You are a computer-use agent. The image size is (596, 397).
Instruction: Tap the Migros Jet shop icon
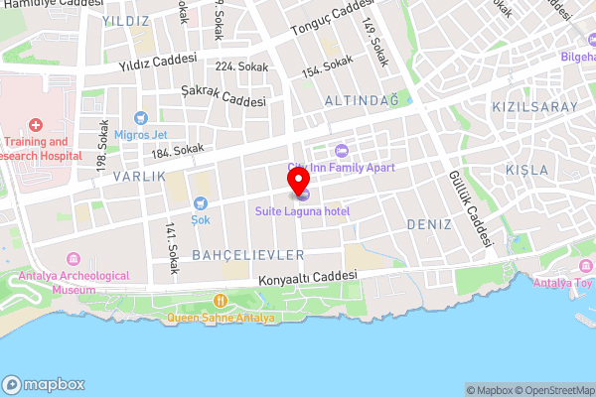pyautogui.click(x=140, y=118)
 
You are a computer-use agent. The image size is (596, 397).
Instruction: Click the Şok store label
pyautogui.click(x=201, y=218)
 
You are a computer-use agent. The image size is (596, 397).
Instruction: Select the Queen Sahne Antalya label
pyautogui.click(x=221, y=318)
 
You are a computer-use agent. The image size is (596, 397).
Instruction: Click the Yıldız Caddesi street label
pyautogui.click(x=158, y=63)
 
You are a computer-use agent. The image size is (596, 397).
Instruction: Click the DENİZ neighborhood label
pyautogui.click(x=429, y=225)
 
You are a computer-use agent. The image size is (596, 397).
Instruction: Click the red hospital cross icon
pyautogui.click(x=36, y=125)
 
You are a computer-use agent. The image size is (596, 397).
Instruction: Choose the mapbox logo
pyautogui.click(x=44, y=385)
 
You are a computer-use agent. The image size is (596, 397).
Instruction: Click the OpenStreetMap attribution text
pyautogui.click(x=551, y=389)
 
